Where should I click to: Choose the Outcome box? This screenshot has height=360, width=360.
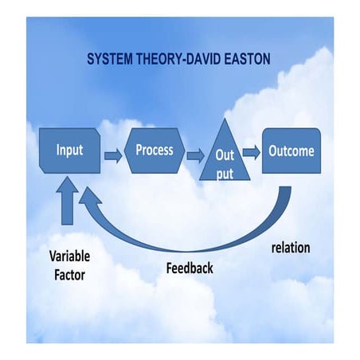pyautogui.click(x=291, y=151)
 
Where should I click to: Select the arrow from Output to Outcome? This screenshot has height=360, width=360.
pyautogui.click(x=252, y=151)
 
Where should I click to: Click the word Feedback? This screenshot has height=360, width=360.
pyautogui.click(x=189, y=268)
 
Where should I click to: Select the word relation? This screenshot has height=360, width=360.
pyautogui.click(x=290, y=248)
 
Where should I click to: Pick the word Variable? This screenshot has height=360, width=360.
pyautogui.click(x=69, y=256)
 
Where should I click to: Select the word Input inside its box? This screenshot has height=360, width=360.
pyautogui.click(x=70, y=150)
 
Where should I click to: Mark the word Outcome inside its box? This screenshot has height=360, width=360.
pyautogui.click(x=291, y=151)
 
